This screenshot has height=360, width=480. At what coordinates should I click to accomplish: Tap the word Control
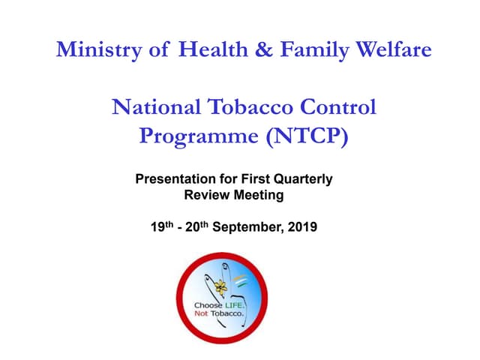pyautogui.click(x=337, y=107)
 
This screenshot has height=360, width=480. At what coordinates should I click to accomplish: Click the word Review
pyautogui.click(x=203, y=195)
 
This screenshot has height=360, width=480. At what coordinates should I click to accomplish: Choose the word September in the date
pyautogui.click(x=245, y=226)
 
